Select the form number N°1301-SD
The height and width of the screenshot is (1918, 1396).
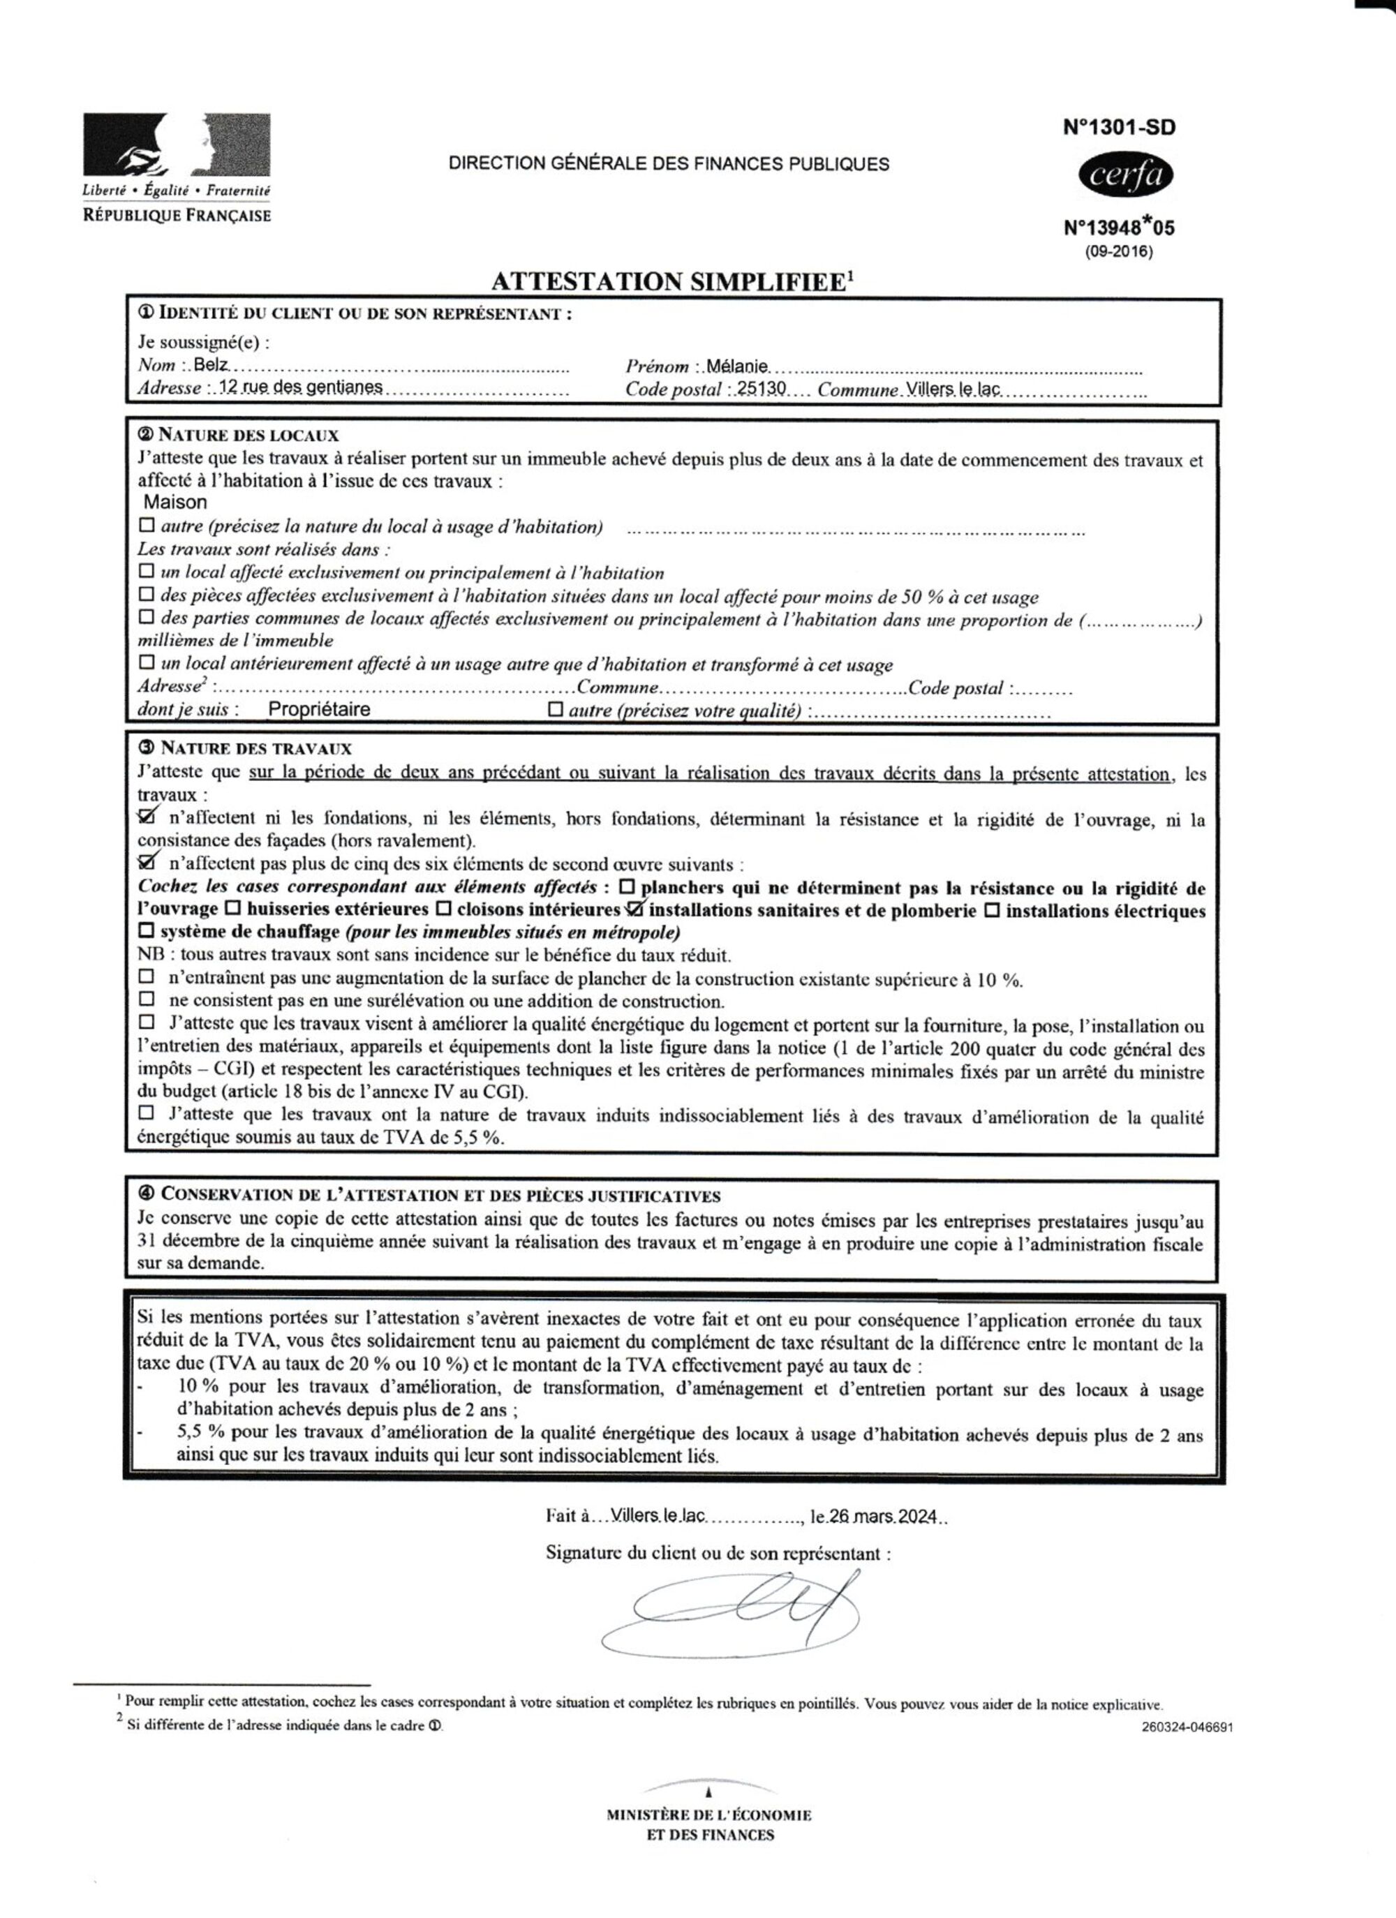[x=1119, y=128]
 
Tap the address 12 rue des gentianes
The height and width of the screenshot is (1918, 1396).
[x=300, y=387]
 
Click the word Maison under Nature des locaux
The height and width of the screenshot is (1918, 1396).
[x=175, y=503]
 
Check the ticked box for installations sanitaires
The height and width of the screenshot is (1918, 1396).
[x=635, y=910]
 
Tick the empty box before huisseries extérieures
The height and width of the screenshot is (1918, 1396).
[x=232, y=911]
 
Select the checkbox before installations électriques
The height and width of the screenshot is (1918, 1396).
[x=993, y=911]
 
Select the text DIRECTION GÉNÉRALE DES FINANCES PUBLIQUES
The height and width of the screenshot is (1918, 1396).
[x=669, y=164]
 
